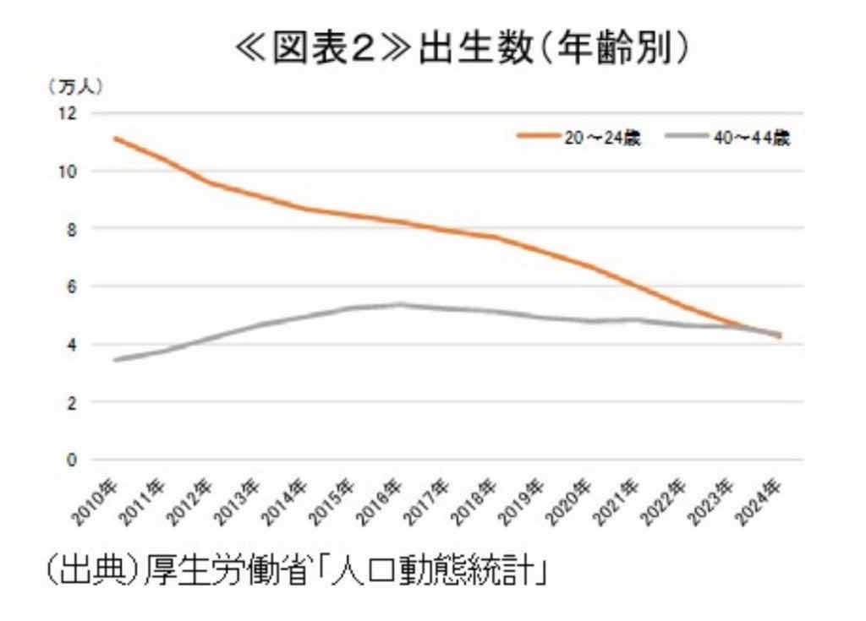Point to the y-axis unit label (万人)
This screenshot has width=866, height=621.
pyautogui.click(x=74, y=85)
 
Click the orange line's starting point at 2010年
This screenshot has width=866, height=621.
pyautogui.click(x=115, y=138)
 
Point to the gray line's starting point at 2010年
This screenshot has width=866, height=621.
pyautogui.click(x=115, y=360)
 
